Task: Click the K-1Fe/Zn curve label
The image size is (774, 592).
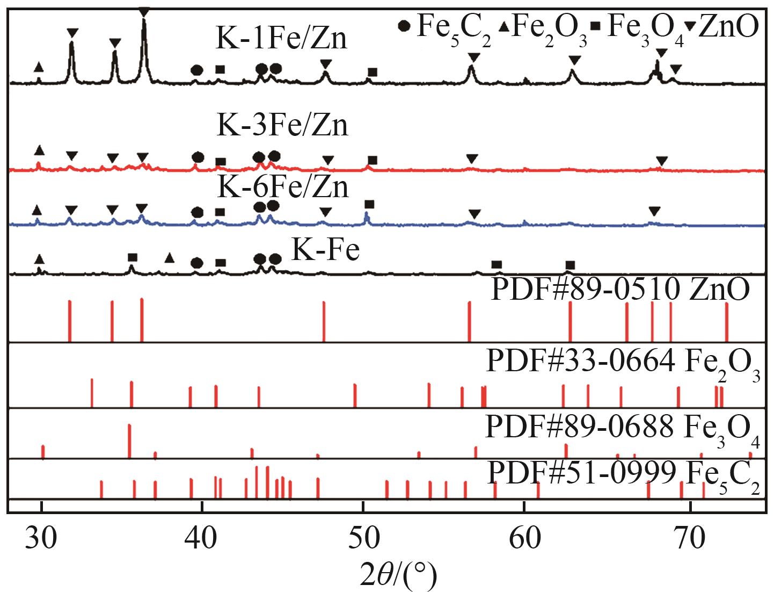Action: pos(281,38)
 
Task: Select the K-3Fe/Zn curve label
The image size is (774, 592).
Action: pos(282,125)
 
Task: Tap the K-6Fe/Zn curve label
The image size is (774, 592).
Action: pos(283,186)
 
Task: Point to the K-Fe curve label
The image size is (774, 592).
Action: pos(325,249)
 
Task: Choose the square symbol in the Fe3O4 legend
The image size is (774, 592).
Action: pos(595,26)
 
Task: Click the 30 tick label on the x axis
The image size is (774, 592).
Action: pos(41,538)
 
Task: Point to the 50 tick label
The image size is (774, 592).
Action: pos(363,538)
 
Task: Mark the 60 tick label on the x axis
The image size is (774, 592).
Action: pos(524,538)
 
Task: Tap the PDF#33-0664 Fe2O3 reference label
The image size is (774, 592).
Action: pos(623,363)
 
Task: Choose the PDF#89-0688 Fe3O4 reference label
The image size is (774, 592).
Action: pos(623,429)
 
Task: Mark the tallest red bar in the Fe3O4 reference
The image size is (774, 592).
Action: pos(129,441)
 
